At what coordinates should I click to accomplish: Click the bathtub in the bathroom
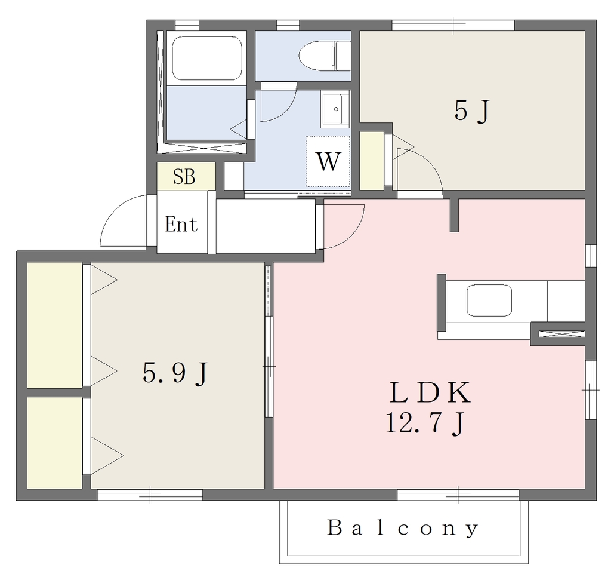pyautogui.click(x=206, y=58)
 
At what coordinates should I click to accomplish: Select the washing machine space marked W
pyautogui.click(x=328, y=161)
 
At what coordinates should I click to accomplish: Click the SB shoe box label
pyautogui.click(x=184, y=177)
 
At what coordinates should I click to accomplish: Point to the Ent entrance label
pyautogui.click(x=181, y=224)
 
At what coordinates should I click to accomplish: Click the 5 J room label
pyautogui.click(x=471, y=111)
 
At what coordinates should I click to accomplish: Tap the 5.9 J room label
pyautogui.click(x=175, y=373)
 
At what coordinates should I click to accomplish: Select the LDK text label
pyautogui.click(x=430, y=393)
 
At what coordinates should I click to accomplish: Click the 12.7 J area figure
pyautogui.click(x=425, y=424)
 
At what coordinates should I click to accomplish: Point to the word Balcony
pyautogui.click(x=403, y=528)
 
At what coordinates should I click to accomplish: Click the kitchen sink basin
pyautogui.click(x=489, y=300)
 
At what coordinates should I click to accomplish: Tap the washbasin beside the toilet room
pyautogui.click(x=335, y=109)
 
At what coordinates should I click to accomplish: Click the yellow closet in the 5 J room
pyautogui.click(x=371, y=161)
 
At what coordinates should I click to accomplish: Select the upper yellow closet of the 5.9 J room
pyautogui.click(x=54, y=325)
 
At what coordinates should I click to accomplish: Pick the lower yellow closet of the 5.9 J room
pyautogui.click(x=54, y=443)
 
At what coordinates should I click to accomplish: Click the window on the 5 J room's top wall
pyautogui.click(x=453, y=25)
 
